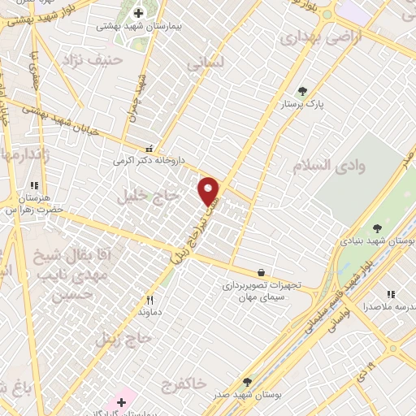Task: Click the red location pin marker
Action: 209,190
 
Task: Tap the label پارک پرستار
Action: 297,105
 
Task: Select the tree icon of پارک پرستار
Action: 303,91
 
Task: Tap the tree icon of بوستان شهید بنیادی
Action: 376,227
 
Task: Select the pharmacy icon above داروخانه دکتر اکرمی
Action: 148,149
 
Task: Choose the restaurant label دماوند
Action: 149,312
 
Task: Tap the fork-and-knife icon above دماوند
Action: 149,299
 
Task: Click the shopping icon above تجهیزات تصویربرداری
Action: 260,272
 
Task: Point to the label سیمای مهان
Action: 255,299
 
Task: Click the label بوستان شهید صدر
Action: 260,396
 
